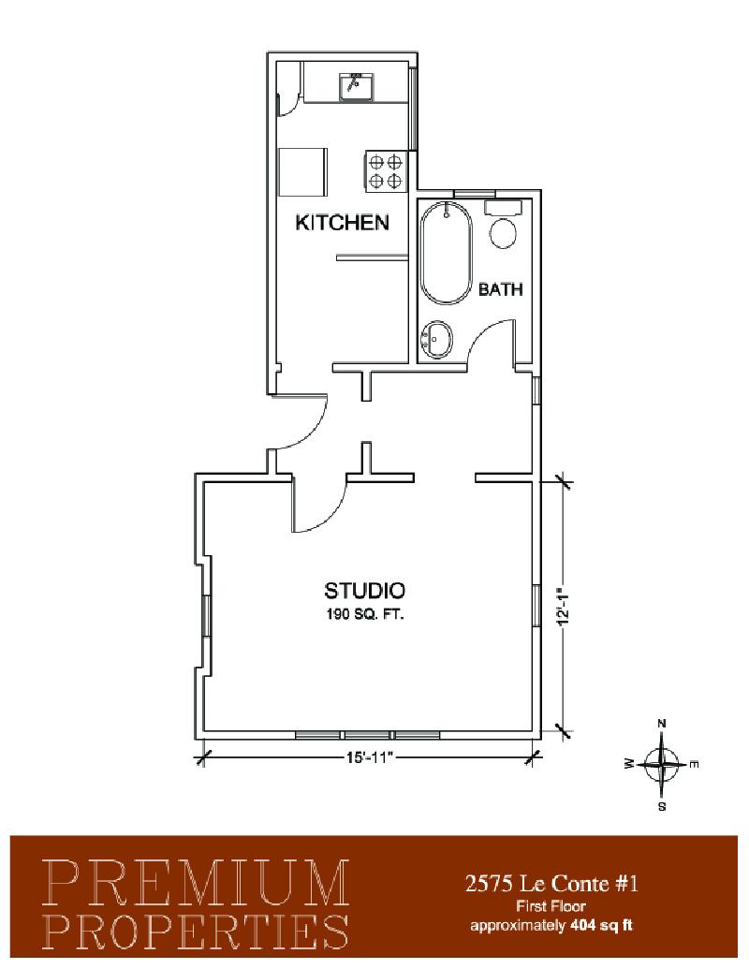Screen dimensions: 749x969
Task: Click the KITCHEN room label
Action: click(x=342, y=222)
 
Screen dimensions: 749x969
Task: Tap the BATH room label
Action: click(x=501, y=288)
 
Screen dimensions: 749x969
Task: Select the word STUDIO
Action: click(x=364, y=590)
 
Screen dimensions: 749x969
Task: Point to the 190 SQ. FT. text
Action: click(x=364, y=614)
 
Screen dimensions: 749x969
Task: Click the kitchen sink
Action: click(x=356, y=86)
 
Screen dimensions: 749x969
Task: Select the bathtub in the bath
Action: click(x=447, y=253)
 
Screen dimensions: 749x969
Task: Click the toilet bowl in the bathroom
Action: click(x=504, y=233)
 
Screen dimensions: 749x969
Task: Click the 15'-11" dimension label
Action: click(x=370, y=757)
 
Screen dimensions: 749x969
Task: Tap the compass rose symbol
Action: click(x=662, y=765)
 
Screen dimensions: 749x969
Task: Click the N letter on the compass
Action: click(x=662, y=723)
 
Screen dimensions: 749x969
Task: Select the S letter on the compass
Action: click(x=662, y=806)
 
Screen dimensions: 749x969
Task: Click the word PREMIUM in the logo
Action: click(x=197, y=883)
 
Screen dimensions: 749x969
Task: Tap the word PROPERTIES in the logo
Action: click(x=197, y=931)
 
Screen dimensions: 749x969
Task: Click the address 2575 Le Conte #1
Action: click(x=551, y=884)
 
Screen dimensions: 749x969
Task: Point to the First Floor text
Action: click(x=551, y=906)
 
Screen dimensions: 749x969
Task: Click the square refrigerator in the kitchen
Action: click(x=302, y=172)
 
